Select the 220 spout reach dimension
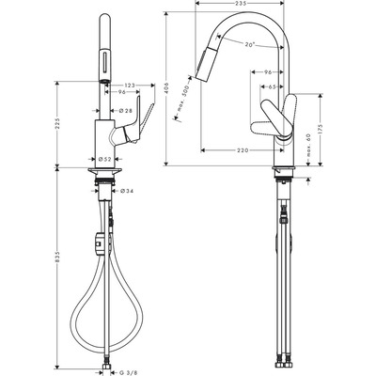tap(243, 150)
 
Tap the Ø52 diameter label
tap(105, 160)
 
